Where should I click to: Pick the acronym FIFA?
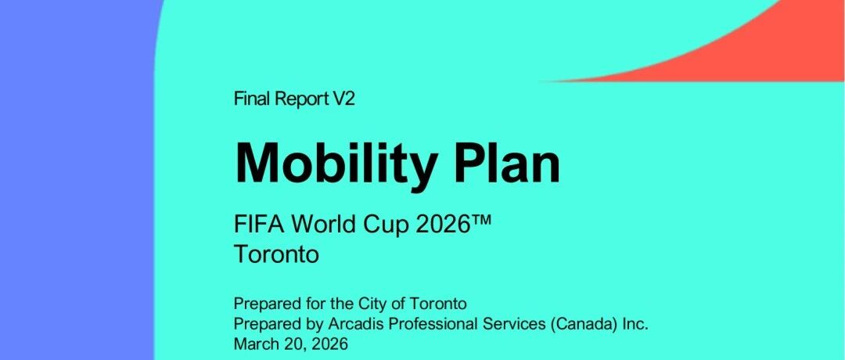[x=255, y=224]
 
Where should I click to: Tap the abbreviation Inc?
[x=636, y=324]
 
